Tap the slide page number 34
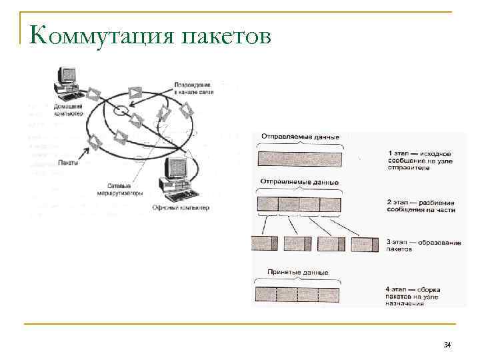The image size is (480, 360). coord(447,345)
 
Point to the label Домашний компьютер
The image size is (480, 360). coord(68,111)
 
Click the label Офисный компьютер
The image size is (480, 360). coord(181,207)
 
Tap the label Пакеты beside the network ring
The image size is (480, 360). coord(68,162)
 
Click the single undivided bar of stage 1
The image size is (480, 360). coord(299,159)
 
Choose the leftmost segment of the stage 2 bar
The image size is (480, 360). coord(267,203)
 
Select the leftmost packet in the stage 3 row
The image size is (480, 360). coord(264,244)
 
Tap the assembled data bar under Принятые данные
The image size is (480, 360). coord(298,294)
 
